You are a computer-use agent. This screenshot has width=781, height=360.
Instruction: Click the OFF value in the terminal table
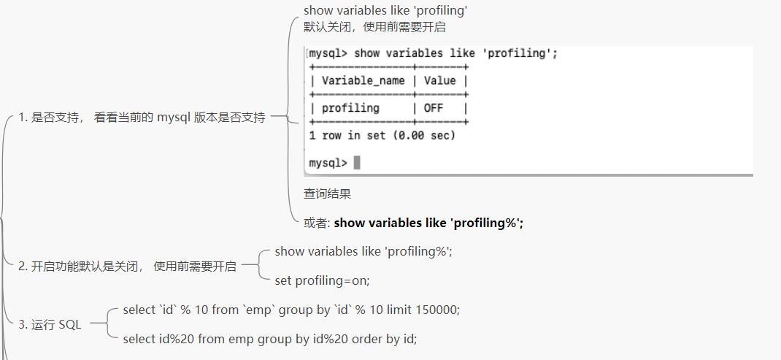(x=434, y=108)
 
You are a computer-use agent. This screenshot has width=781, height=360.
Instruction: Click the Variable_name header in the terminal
(x=363, y=81)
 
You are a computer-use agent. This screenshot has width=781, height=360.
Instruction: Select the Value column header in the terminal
(x=439, y=81)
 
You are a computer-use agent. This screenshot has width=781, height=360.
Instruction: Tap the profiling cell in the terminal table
(x=351, y=108)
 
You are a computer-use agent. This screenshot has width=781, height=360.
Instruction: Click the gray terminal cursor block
(x=357, y=163)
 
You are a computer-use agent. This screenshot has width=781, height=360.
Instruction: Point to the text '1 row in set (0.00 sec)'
(x=382, y=135)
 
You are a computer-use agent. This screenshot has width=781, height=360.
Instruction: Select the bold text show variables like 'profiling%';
(x=428, y=223)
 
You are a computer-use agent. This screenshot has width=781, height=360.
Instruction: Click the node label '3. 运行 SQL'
(x=50, y=325)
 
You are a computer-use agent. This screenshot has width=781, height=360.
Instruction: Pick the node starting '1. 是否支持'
(x=142, y=117)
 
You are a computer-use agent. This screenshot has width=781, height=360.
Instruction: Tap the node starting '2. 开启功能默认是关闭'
(x=127, y=267)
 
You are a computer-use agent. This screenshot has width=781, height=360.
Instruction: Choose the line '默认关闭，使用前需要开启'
(x=374, y=27)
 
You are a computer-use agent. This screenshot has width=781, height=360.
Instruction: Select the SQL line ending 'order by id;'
(x=270, y=339)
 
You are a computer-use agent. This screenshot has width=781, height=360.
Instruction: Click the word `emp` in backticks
(x=259, y=310)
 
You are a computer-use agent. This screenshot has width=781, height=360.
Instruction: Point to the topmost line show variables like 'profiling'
(x=385, y=10)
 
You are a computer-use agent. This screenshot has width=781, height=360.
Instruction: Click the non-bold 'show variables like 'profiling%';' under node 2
(x=363, y=251)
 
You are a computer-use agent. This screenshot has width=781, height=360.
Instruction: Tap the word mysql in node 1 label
(x=174, y=117)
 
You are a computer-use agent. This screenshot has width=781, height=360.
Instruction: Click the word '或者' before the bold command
(x=316, y=223)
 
